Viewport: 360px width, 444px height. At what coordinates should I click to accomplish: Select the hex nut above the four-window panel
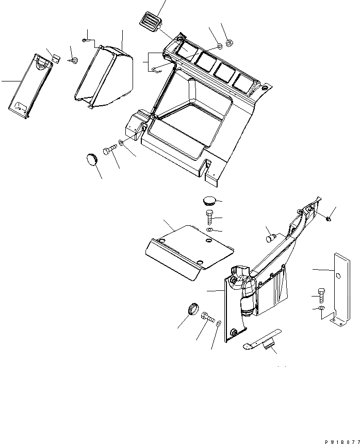point(231,42)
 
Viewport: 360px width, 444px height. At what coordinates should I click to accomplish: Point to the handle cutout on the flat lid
point(42,62)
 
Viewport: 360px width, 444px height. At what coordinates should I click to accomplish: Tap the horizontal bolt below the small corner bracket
point(110,150)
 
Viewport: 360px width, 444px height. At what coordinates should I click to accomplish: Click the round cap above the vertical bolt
point(209,201)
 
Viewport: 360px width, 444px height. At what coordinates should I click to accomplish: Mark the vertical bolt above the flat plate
point(209,215)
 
